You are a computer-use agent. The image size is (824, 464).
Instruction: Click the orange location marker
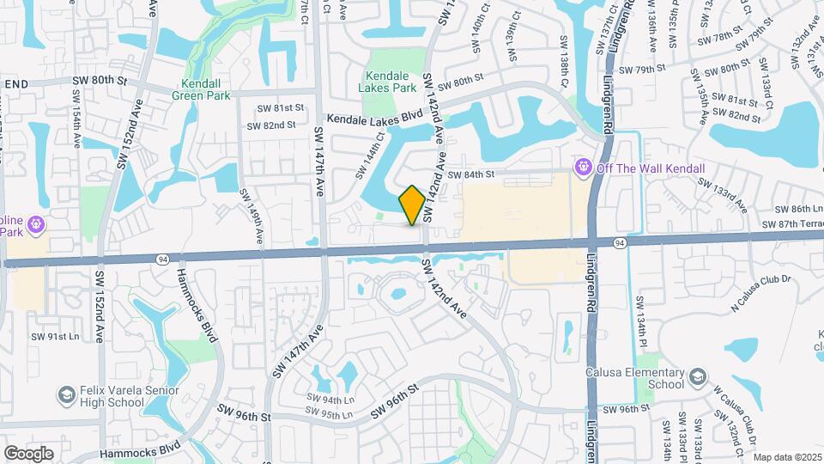coord(413,205)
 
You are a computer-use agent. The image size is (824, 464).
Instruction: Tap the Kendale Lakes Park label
coord(394,82)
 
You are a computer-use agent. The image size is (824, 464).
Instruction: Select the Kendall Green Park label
coord(206,90)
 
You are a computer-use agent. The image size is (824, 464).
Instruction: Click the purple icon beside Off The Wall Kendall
coord(584,165)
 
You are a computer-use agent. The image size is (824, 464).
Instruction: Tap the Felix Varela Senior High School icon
coord(65,394)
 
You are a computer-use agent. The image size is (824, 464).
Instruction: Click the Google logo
coord(28,453)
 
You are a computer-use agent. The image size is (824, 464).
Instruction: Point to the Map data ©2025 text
coord(787,456)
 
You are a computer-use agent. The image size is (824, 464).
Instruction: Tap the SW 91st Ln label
coord(54,336)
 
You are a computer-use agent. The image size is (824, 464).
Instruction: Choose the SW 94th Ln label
coord(331,400)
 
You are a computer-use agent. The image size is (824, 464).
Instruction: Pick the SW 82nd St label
coord(271,125)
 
